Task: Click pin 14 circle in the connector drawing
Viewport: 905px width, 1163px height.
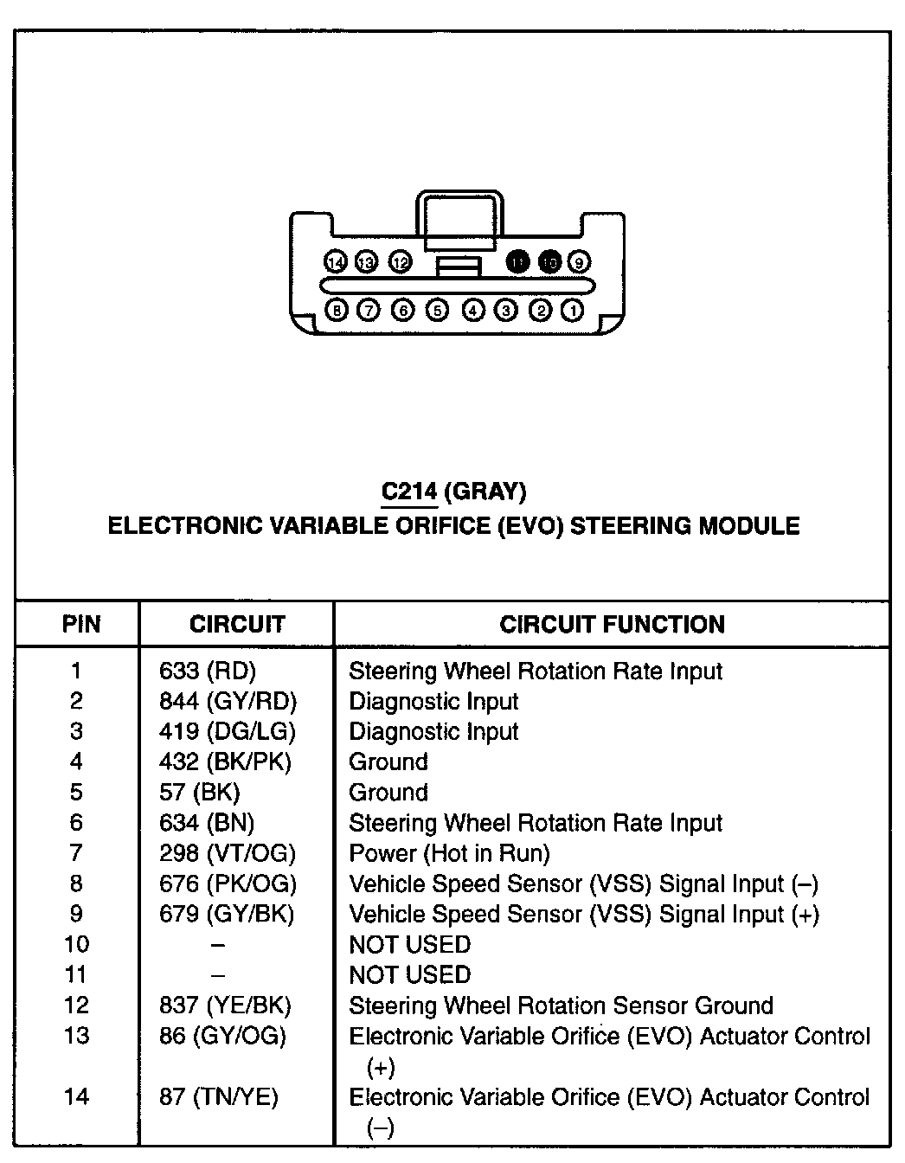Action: coord(336,262)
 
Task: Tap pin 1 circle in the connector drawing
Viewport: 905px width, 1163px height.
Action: coord(572,310)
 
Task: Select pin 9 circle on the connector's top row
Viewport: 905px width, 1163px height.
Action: coord(579,262)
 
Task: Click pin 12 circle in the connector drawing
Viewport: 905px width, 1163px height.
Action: coord(400,262)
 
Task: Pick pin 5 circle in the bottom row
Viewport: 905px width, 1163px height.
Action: coord(438,310)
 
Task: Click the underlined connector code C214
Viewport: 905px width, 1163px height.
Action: coord(409,492)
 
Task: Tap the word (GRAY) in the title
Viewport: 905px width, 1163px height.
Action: coord(485,492)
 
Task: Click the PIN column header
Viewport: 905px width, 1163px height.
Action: coord(80,625)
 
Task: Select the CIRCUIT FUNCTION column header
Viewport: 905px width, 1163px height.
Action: coord(612,625)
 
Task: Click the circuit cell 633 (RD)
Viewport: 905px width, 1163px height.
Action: coord(208,671)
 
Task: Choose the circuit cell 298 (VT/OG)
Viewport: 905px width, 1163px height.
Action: coord(228,854)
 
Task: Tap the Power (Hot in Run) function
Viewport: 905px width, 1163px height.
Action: coord(449,854)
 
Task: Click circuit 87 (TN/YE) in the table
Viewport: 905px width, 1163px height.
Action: coord(219,1097)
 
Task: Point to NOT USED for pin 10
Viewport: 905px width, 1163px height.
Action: coord(409,945)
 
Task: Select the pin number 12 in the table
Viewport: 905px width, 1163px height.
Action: coord(76,1006)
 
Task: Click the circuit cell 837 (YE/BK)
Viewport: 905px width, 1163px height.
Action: coord(225,1006)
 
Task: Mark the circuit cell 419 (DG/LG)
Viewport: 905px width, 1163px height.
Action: coord(228,732)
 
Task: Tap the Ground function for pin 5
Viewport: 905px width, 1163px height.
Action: coord(388,793)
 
